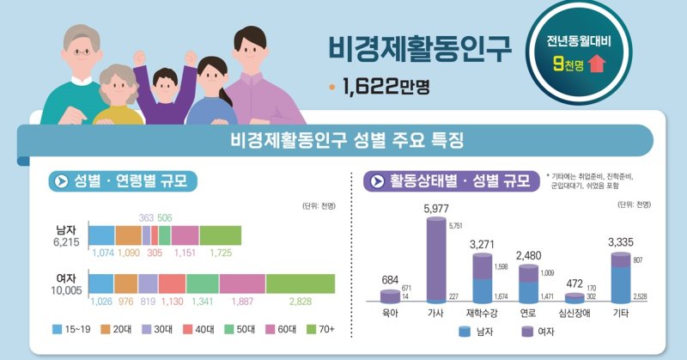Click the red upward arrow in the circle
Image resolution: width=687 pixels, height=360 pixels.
coord(598,64)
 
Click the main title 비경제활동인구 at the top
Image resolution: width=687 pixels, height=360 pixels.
coord(419,49)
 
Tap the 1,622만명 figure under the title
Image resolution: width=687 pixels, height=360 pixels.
coord(384,86)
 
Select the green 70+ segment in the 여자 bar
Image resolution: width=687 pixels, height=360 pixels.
coord(300,284)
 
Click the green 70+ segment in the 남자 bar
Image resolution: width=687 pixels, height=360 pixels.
coord(221,235)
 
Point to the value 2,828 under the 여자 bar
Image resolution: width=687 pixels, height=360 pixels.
coord(300,302)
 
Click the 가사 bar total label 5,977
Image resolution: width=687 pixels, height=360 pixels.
coord(436,209)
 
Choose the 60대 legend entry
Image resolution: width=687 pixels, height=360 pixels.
coord(275,329)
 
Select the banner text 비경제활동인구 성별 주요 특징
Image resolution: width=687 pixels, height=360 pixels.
coord(347,140)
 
